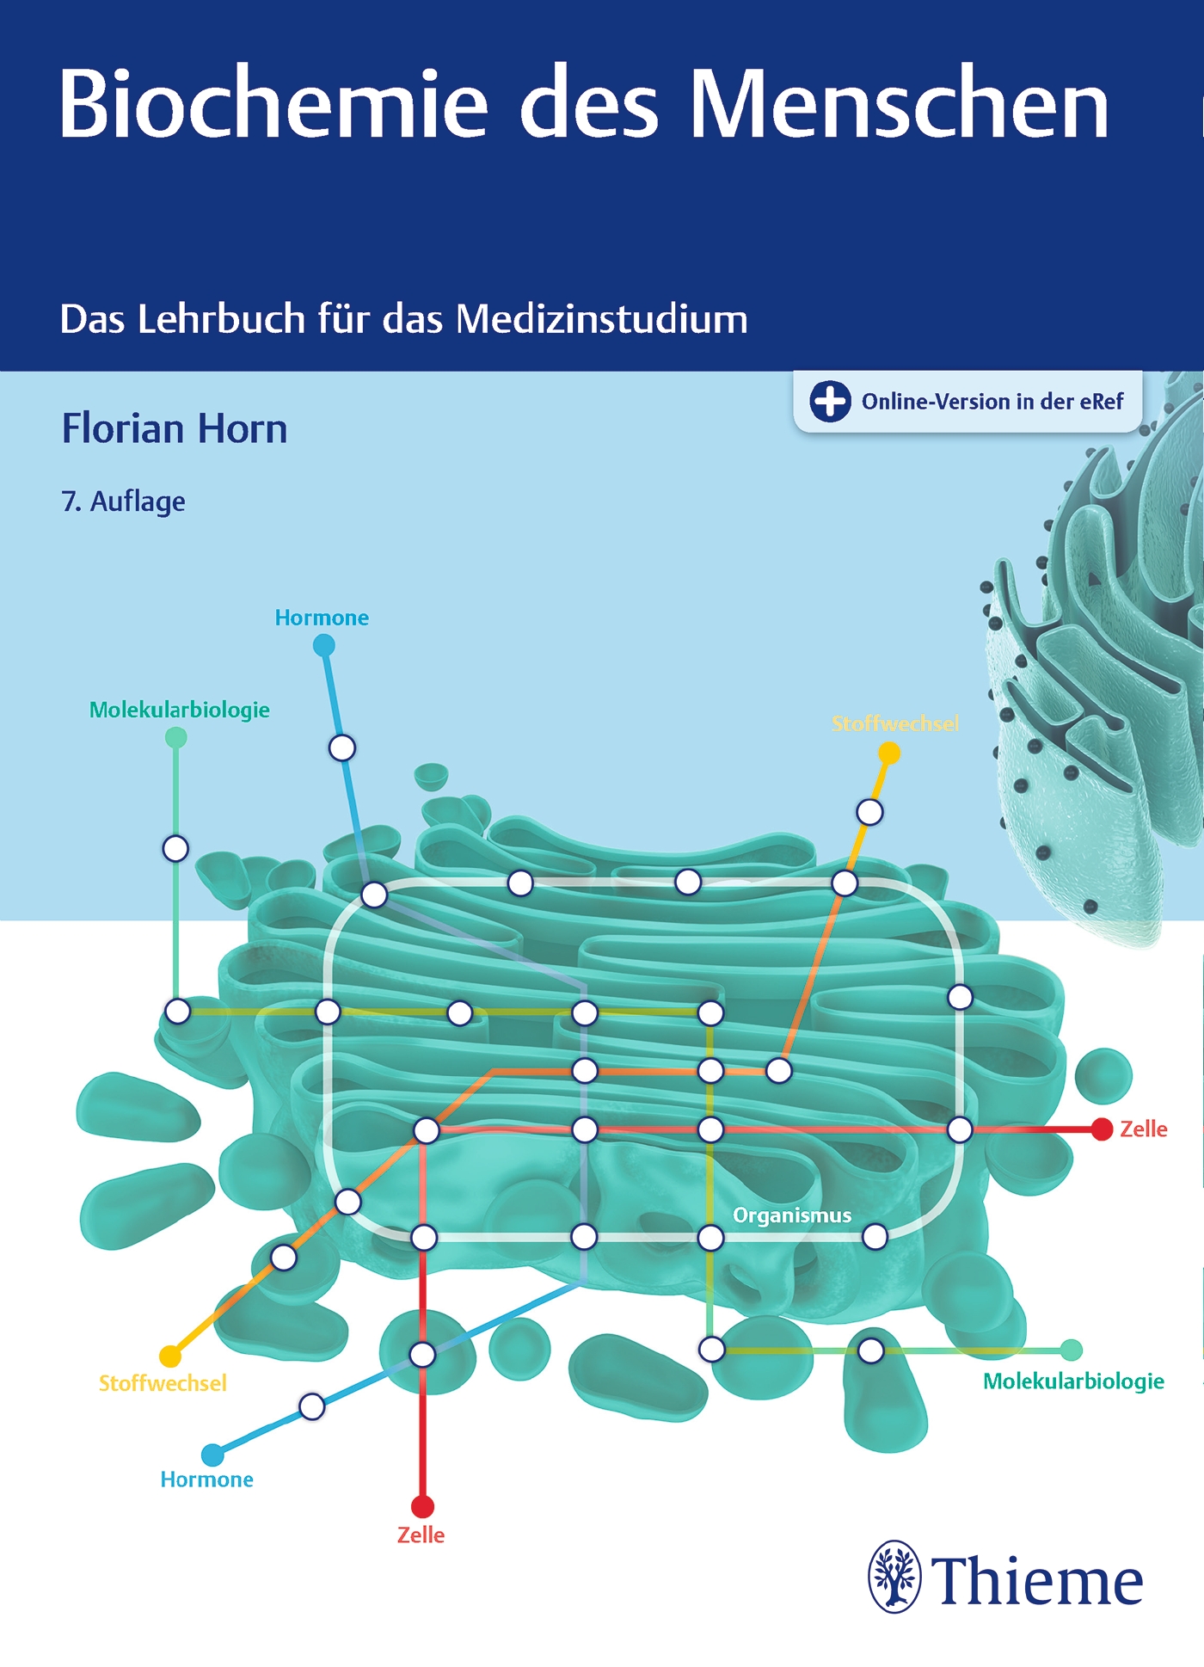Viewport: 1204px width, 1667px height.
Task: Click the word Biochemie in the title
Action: click(x=273, y=103)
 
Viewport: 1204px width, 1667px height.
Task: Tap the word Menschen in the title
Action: click(x=900, y=103)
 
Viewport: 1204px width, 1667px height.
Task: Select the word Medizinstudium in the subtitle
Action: click(x=602, y=319)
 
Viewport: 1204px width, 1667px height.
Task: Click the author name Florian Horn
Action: click(x=175, y=428)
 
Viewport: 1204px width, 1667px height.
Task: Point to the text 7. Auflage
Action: click(x=124, y=501)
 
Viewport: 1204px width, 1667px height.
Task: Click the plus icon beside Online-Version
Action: click(x=830, y=402)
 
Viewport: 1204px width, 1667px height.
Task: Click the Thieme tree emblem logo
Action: click(x=894, y=1576)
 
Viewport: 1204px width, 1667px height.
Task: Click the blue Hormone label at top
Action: click(x=322, y=618)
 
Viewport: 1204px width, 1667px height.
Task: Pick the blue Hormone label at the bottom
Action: click(x=207, y=1479)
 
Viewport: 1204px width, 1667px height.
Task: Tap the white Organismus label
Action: click(x=792, y=1215)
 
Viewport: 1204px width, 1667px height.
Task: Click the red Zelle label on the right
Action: click(x=1144, y=1129)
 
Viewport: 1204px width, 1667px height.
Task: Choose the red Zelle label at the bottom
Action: click(x=421, y=1535)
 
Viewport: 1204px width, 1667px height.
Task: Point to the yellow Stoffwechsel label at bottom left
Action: click(x=163, y=1383)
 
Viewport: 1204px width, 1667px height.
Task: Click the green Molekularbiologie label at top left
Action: click(x=180, y=710)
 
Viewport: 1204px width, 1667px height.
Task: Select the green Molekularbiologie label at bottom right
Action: click(x=1074, y=1381)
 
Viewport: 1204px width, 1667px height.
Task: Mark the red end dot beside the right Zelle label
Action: click(x=1102, y=1129)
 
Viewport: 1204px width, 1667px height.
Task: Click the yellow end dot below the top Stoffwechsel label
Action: click(x=889, y=754)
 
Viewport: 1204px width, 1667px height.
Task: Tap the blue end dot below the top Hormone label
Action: click(x=323, y=645)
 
